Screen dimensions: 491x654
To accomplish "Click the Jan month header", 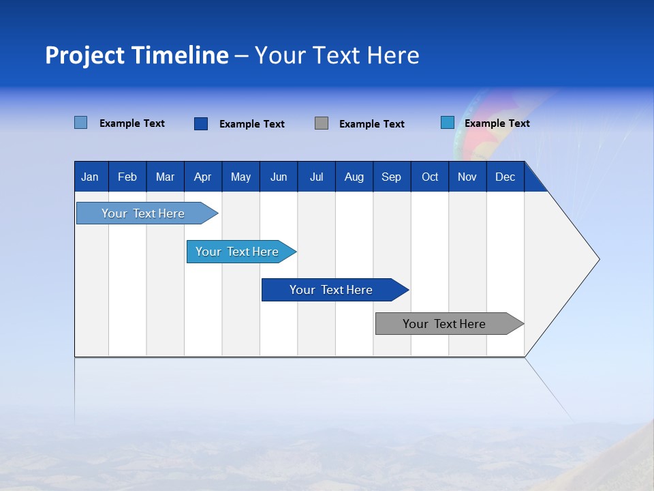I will [90, 177].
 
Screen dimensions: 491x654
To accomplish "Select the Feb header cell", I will [127, 177].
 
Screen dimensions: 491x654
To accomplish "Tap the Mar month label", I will [165, 177].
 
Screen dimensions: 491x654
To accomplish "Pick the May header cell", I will [240, 177].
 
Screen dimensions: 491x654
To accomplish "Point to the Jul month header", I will [316, 177].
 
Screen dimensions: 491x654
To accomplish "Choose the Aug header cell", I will [354, 177].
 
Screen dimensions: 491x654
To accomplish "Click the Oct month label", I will [430, 177].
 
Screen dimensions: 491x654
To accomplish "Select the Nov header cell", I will [467, 177].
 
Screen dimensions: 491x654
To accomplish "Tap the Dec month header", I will [505, 177].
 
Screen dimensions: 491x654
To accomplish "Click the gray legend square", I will [322, 123].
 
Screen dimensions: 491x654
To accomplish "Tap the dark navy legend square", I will [201, 123].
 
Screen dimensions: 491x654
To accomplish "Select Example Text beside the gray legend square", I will [371, 124].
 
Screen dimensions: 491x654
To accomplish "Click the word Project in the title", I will [86, 55].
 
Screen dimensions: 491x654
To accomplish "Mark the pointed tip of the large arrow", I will [598, 259].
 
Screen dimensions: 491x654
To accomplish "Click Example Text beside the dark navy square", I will [251, 124].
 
